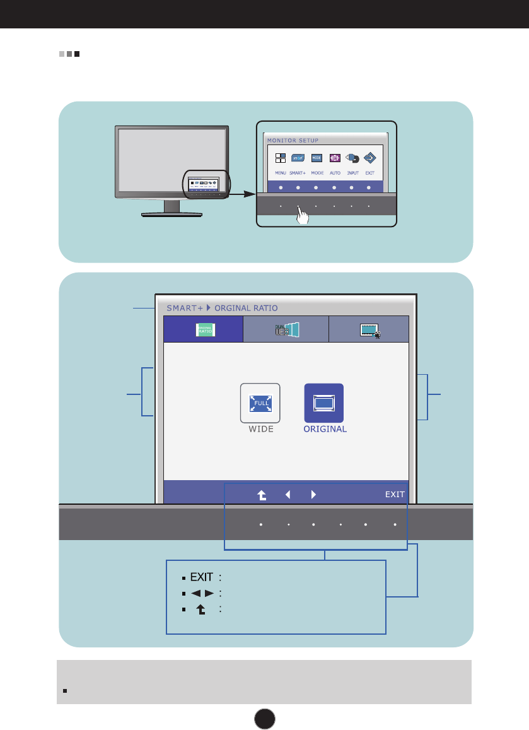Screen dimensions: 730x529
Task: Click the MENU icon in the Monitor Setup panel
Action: [281, 158]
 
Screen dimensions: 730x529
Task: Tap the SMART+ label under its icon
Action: [298, 172]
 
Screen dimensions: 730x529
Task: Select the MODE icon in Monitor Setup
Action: [317, 158]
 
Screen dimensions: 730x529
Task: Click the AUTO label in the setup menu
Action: [335, 172]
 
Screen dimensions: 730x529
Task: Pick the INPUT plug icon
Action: [353, 159]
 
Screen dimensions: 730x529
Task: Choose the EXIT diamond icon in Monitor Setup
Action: [370, 158]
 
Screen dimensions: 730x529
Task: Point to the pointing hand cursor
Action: [303, 216]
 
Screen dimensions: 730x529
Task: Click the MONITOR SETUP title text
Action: [293, 140]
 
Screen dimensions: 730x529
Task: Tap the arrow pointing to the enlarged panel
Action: [243, 194]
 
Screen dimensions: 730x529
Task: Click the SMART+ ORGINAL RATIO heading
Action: [222, 308]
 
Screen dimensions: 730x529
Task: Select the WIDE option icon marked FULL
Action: [260, 403]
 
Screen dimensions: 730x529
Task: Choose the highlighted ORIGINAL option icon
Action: [324, 403]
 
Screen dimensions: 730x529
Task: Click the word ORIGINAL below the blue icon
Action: [324, 429]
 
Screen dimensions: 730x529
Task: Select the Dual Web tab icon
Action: [286, 329]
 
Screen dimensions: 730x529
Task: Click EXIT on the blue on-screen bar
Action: [395, 495]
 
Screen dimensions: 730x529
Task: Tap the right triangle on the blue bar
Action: [313, 495]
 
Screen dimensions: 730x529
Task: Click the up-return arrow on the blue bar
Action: [262, 495]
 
